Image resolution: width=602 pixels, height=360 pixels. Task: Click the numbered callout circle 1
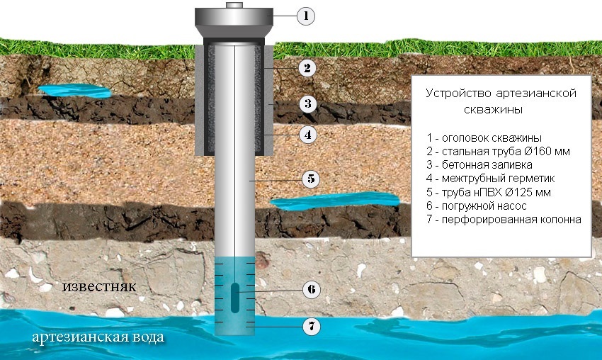[306, 16]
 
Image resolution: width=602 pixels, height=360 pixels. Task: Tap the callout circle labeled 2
[307, 68]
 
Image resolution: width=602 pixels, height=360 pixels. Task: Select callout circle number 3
[307, 103]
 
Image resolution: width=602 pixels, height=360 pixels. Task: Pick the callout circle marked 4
[307, 135]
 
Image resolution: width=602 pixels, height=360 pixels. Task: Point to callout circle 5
[311, 179]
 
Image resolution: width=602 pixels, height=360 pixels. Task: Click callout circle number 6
[312, 289]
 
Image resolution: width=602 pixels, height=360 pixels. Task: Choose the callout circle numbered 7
[312, 327]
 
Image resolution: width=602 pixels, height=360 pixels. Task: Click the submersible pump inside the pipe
[235, 298]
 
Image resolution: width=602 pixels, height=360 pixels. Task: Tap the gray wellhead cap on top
[234, 22]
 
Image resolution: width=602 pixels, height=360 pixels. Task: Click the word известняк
[99, 286]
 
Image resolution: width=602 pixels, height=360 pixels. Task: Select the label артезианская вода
[98, 337]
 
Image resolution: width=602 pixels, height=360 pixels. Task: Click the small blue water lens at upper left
[75, 91]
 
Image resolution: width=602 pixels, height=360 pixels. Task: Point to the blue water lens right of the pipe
[335, 201]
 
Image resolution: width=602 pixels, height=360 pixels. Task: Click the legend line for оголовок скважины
[484, 137]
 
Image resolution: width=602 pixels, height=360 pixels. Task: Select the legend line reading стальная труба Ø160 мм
[498, 152]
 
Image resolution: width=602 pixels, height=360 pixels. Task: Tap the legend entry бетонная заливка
[479, 165]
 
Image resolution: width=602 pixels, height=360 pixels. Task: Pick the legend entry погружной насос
[476, 206]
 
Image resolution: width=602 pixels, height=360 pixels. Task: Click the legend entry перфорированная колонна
[504, 220]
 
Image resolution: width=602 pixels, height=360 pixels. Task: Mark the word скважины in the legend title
[494, 110]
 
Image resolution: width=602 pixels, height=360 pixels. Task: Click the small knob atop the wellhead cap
[234, 5]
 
